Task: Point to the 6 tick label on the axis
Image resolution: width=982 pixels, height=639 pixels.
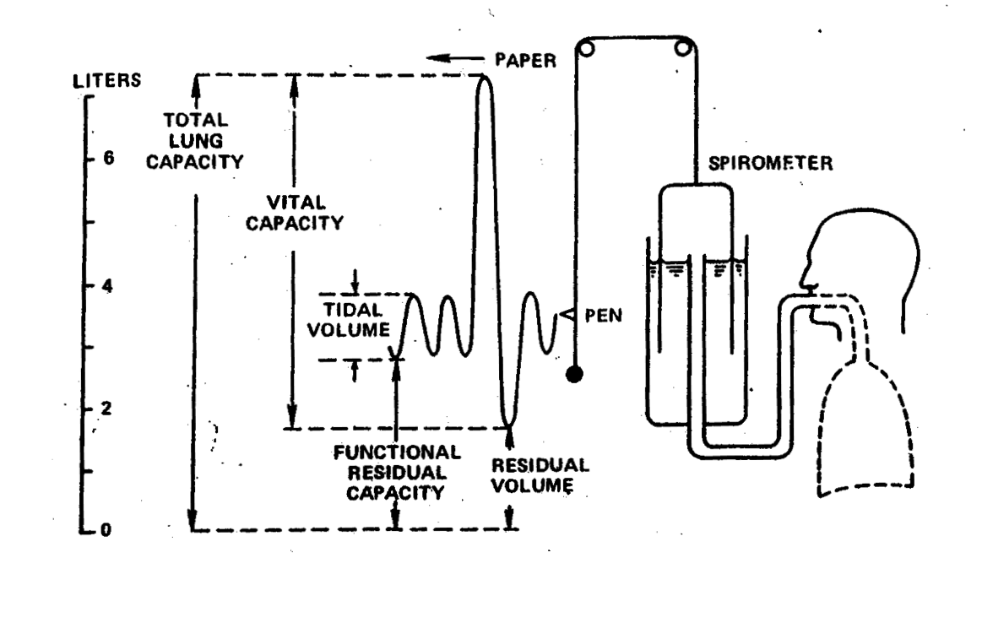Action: [108, 160]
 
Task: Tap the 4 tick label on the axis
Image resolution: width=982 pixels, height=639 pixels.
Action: [108, 286]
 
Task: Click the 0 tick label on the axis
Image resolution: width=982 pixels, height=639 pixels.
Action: [108, 530]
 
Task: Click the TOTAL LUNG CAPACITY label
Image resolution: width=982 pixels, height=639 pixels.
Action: [194, 141]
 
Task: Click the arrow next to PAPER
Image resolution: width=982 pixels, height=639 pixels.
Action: [450, 58]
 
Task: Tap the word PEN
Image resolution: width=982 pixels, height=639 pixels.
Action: [603, 317]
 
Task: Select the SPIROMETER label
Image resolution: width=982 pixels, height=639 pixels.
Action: [770, 163]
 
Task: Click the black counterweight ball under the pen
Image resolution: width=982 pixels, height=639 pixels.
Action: [575, 374]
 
